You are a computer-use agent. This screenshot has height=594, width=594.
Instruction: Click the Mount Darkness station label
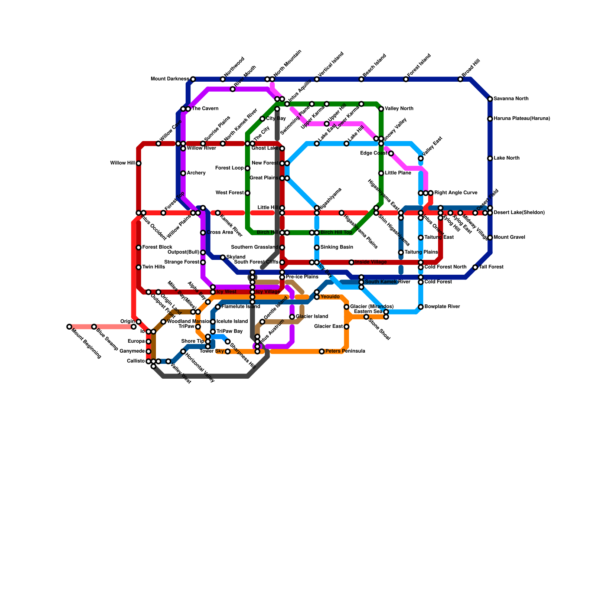pyautogui.click(x=170, y=79)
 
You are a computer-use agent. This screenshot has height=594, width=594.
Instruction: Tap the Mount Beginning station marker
pyautogui.click(x=69, y=327)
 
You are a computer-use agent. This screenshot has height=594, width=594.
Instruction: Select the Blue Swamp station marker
pyautogui.click(x=94, y=327)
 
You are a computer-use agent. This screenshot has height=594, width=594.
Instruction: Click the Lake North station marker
pyautogui.click(x=490, y=159)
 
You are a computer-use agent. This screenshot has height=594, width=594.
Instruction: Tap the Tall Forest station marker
pyautogui.click(x=475, y=267)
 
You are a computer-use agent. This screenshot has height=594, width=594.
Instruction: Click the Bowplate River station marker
pyautogui.click(x=421, y=307)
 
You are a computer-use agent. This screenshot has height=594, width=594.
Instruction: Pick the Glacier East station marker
pyautogui.click(x=346, y=327)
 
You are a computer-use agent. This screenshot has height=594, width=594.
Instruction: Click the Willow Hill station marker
pyautogui.click(x=138, y=163)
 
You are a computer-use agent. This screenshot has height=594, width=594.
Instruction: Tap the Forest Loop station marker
pyautogui.click(x=248, y=169)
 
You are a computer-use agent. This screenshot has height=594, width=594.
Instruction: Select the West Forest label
pyautogui.click(x=229, y=193)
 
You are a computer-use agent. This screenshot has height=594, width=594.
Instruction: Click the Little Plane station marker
pyautogui.click(x=381, y=173)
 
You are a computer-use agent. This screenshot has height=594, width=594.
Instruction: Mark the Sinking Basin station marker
pyautogui.click(x=317, y=248)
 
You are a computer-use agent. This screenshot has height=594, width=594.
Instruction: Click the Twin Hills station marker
pyautogui.click(x=138, y=267)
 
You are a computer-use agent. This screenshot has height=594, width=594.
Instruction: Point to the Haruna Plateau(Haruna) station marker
pyautogui.click(x=490, y=119)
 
